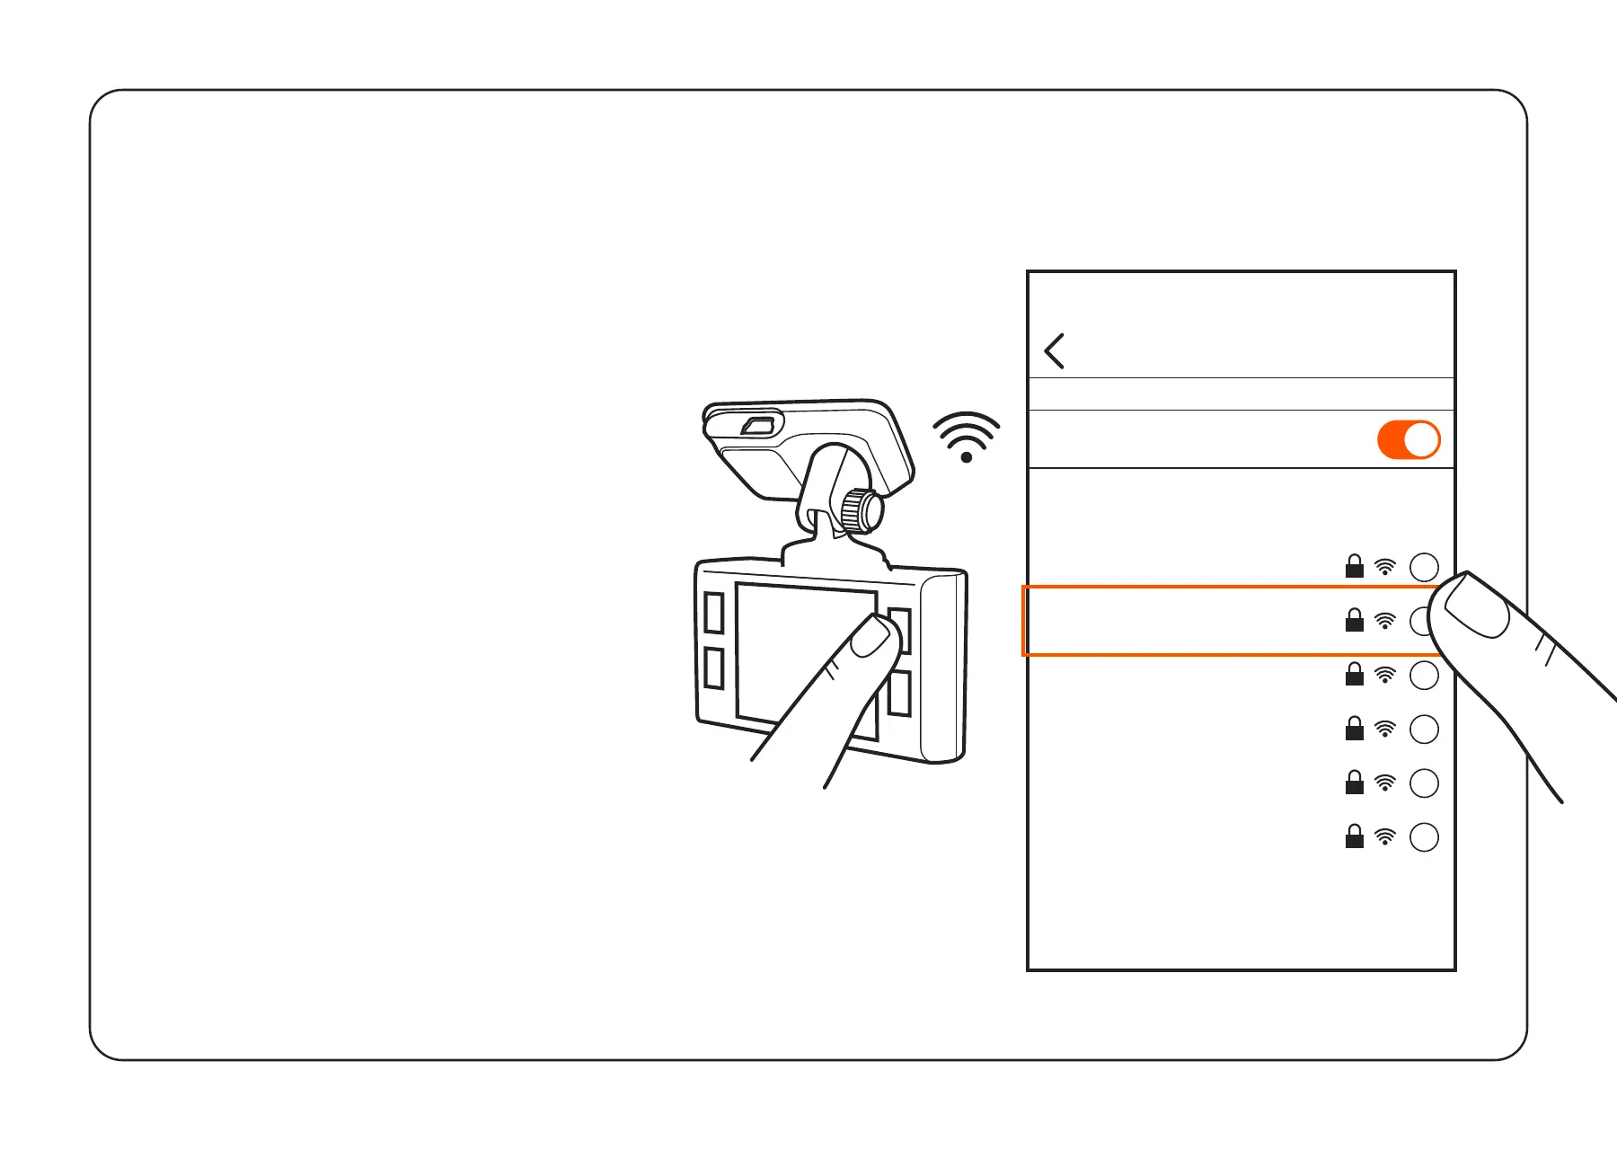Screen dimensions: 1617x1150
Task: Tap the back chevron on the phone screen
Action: [x=1055, y=350]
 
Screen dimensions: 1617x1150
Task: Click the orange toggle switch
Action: [x=1408, y=440]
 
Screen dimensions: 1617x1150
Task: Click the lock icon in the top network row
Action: [x=1354, y=567]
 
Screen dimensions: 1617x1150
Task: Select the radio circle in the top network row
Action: [x=1424, y=567]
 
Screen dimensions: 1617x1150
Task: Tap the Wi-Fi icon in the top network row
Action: [x=1385, y=567]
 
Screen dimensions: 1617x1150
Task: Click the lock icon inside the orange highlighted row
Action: [x=1354, y=621]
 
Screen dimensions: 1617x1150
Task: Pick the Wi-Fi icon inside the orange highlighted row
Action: [x=1385, y=621]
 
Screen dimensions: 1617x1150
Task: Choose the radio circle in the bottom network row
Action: [x=1424, y=837]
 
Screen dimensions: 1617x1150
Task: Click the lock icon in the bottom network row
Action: [x=1354, y=837]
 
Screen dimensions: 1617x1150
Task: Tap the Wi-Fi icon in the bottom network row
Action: [x=1385, y=837]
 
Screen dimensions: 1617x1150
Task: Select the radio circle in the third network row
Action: [x=1424, y=676]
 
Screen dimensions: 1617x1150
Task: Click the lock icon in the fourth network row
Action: [x=1354, y=729]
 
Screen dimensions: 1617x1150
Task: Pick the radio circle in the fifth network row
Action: [x=1424, y=783]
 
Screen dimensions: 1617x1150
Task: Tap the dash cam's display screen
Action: [x=791, y=647]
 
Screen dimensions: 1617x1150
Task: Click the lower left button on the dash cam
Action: [x=714, y=668]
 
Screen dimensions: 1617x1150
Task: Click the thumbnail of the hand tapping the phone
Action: [x=1476, y=606]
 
